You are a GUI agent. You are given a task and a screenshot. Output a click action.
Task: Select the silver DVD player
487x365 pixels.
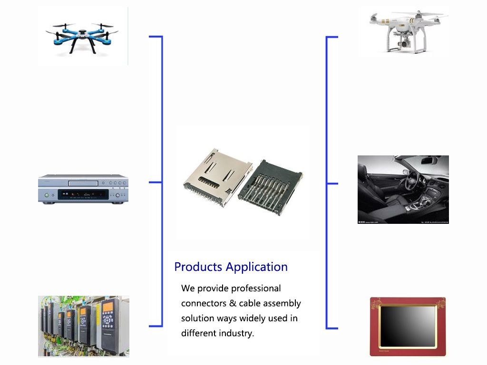pyautogui.click(x=83, y=189)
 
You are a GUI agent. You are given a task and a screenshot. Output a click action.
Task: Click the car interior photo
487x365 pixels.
pyautogui.click(x=403, y=189)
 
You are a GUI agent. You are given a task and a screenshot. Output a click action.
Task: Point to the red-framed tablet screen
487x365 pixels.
pyautogui.click(x=408, y=327)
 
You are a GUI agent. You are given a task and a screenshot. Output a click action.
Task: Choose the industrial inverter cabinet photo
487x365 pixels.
pyautogui.click(x=83, y=326)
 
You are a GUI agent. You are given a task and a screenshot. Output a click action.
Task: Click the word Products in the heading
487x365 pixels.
pyautogui.click(x=198, y=267)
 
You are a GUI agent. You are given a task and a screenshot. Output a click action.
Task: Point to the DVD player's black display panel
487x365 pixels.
pyautogui.click(x=83, y=194)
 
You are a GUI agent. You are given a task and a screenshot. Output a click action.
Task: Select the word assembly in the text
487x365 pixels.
pyautogui.click(x=282, y=303)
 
